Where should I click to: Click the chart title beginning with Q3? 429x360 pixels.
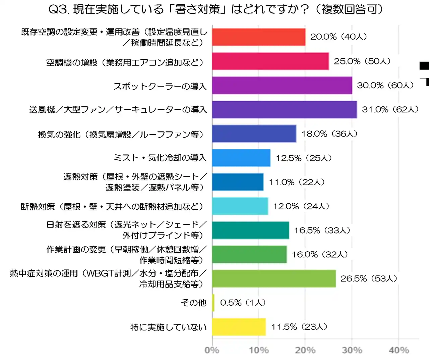(x=216, y=9)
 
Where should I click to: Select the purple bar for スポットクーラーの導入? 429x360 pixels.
(x=282, y=85)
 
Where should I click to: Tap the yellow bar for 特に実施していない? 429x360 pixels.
(x=239, y=327)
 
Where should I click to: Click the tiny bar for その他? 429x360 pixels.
(x=213, y=303)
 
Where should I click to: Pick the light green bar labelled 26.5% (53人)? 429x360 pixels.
(x=274, y=278)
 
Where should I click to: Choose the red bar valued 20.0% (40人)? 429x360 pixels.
(x=259, y=37)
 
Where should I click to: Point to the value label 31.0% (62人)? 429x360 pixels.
(x=390, y=109)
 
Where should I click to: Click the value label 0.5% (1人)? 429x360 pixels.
(x=243, y=303)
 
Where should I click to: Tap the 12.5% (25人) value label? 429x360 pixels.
(x=304, y=158)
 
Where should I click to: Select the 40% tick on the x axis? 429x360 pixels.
(x=399, y=350)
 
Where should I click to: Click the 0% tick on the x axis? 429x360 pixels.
(x=212, y=350)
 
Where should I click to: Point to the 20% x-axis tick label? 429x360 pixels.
(x=305, y=350)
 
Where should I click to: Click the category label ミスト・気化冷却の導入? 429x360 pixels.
(x=160, y=158)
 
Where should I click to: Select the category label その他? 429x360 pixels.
(x=194, y=303)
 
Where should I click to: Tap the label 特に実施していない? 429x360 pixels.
(x=168, y=327)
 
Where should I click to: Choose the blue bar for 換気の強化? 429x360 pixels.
(x=254, y=134)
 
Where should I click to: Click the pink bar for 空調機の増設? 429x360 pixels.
(x=270, y=61)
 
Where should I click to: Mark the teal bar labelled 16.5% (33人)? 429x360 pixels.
(x=250, y=230)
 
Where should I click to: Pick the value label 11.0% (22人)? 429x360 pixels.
(x=297, y=182)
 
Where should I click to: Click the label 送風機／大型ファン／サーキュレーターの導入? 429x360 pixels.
(x=118, y=110)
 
